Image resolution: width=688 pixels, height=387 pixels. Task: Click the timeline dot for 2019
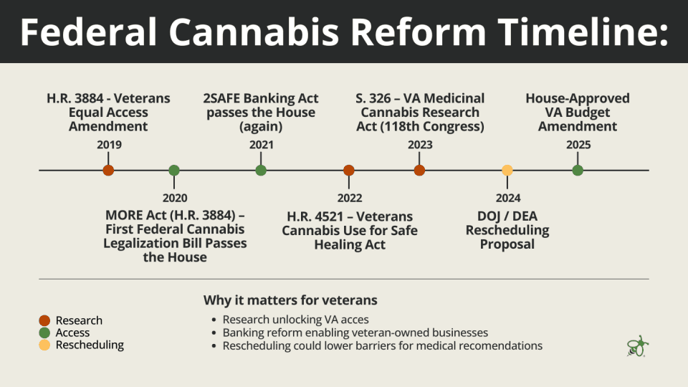(x=108, y=171)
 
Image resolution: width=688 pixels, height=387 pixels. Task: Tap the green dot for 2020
(x=174, y=171)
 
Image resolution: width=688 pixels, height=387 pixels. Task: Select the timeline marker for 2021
(x=261, y=171)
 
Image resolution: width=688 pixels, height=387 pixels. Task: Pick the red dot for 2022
(x=349, y=171)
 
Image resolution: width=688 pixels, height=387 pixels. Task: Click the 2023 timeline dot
(x=419, y=171)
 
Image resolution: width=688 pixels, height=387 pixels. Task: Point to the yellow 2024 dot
(x=507, y=171)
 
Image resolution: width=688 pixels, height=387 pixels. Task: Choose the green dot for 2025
(x=578, y=171)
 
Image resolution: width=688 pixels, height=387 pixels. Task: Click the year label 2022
(x=350, y=199)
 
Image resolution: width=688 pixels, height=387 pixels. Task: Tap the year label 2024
(x=508, y=199)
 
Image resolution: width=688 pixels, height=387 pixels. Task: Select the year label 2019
(x=109, y=145)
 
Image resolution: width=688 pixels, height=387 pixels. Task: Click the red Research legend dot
(x=45, y=320)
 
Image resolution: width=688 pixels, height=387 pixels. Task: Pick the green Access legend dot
(x=45, y=333)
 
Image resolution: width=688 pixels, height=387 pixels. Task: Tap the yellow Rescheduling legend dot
(x=45, y=345)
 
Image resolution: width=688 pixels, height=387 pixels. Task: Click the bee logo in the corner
(x=636, y=345)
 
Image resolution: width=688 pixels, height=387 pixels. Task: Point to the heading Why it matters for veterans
(x=290, y=300)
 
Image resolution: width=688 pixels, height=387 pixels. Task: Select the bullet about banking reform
(x=355, y=333)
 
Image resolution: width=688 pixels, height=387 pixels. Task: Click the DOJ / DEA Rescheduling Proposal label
(x=507, y=230)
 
